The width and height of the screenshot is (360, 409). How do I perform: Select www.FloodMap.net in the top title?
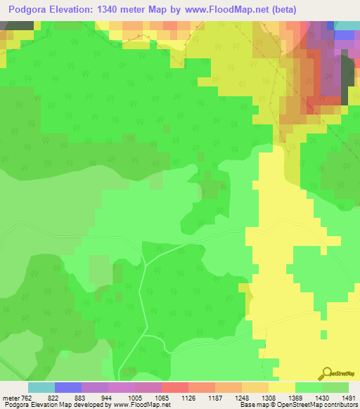point(221,10)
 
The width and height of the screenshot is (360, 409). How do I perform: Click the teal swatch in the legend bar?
point(41,387)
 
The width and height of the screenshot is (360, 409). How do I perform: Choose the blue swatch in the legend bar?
point(68,387)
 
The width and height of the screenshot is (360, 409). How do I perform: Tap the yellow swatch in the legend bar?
point(281,387)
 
